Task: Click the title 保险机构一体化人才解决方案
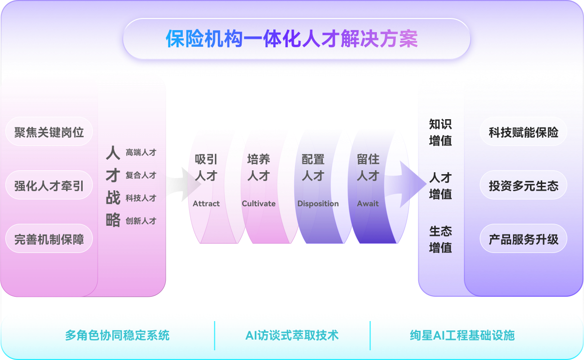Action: pyautogui.click(x=292, y=38)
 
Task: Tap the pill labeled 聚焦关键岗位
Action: pyautogui.click(x=49, y=132)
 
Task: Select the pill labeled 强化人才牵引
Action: pyautogui.click(x=49, y=185)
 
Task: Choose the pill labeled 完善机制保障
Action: pyautogui.click(x=49, y=239)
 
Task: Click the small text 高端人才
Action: pyautogui.click(x=141, y=152)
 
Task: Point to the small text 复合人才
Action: pyautogui.click(x=141, y=175)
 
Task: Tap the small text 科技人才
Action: pyautogui.click(x=141, y=198)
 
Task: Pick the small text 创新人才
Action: pyautogui.click(x=141, y=221)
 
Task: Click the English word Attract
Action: pyautogui.click(x=206, y=203)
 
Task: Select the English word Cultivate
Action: pyautogui.click(x=259, y=203)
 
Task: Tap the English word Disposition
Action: pyautogui.click(x=318, y=204)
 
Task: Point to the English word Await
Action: pyautogui.click(x=368, y=203)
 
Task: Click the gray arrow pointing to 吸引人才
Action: pyautogui.click(x=183, y=184)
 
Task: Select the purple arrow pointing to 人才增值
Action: pyautogui.click(x=406, y=184)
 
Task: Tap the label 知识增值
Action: pyautogui.click(x=441, y=132)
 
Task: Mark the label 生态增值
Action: pyautogui.click(x=441, y=239)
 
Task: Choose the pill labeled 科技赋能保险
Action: pyautogui.click(x=523, y=132)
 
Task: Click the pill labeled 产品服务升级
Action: pyautogui.click(x=523, y=239)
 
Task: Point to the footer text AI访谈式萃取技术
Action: pyautogui.click(x=292, y=336)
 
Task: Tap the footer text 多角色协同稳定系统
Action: pyautogui.click(x=117, y=336)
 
